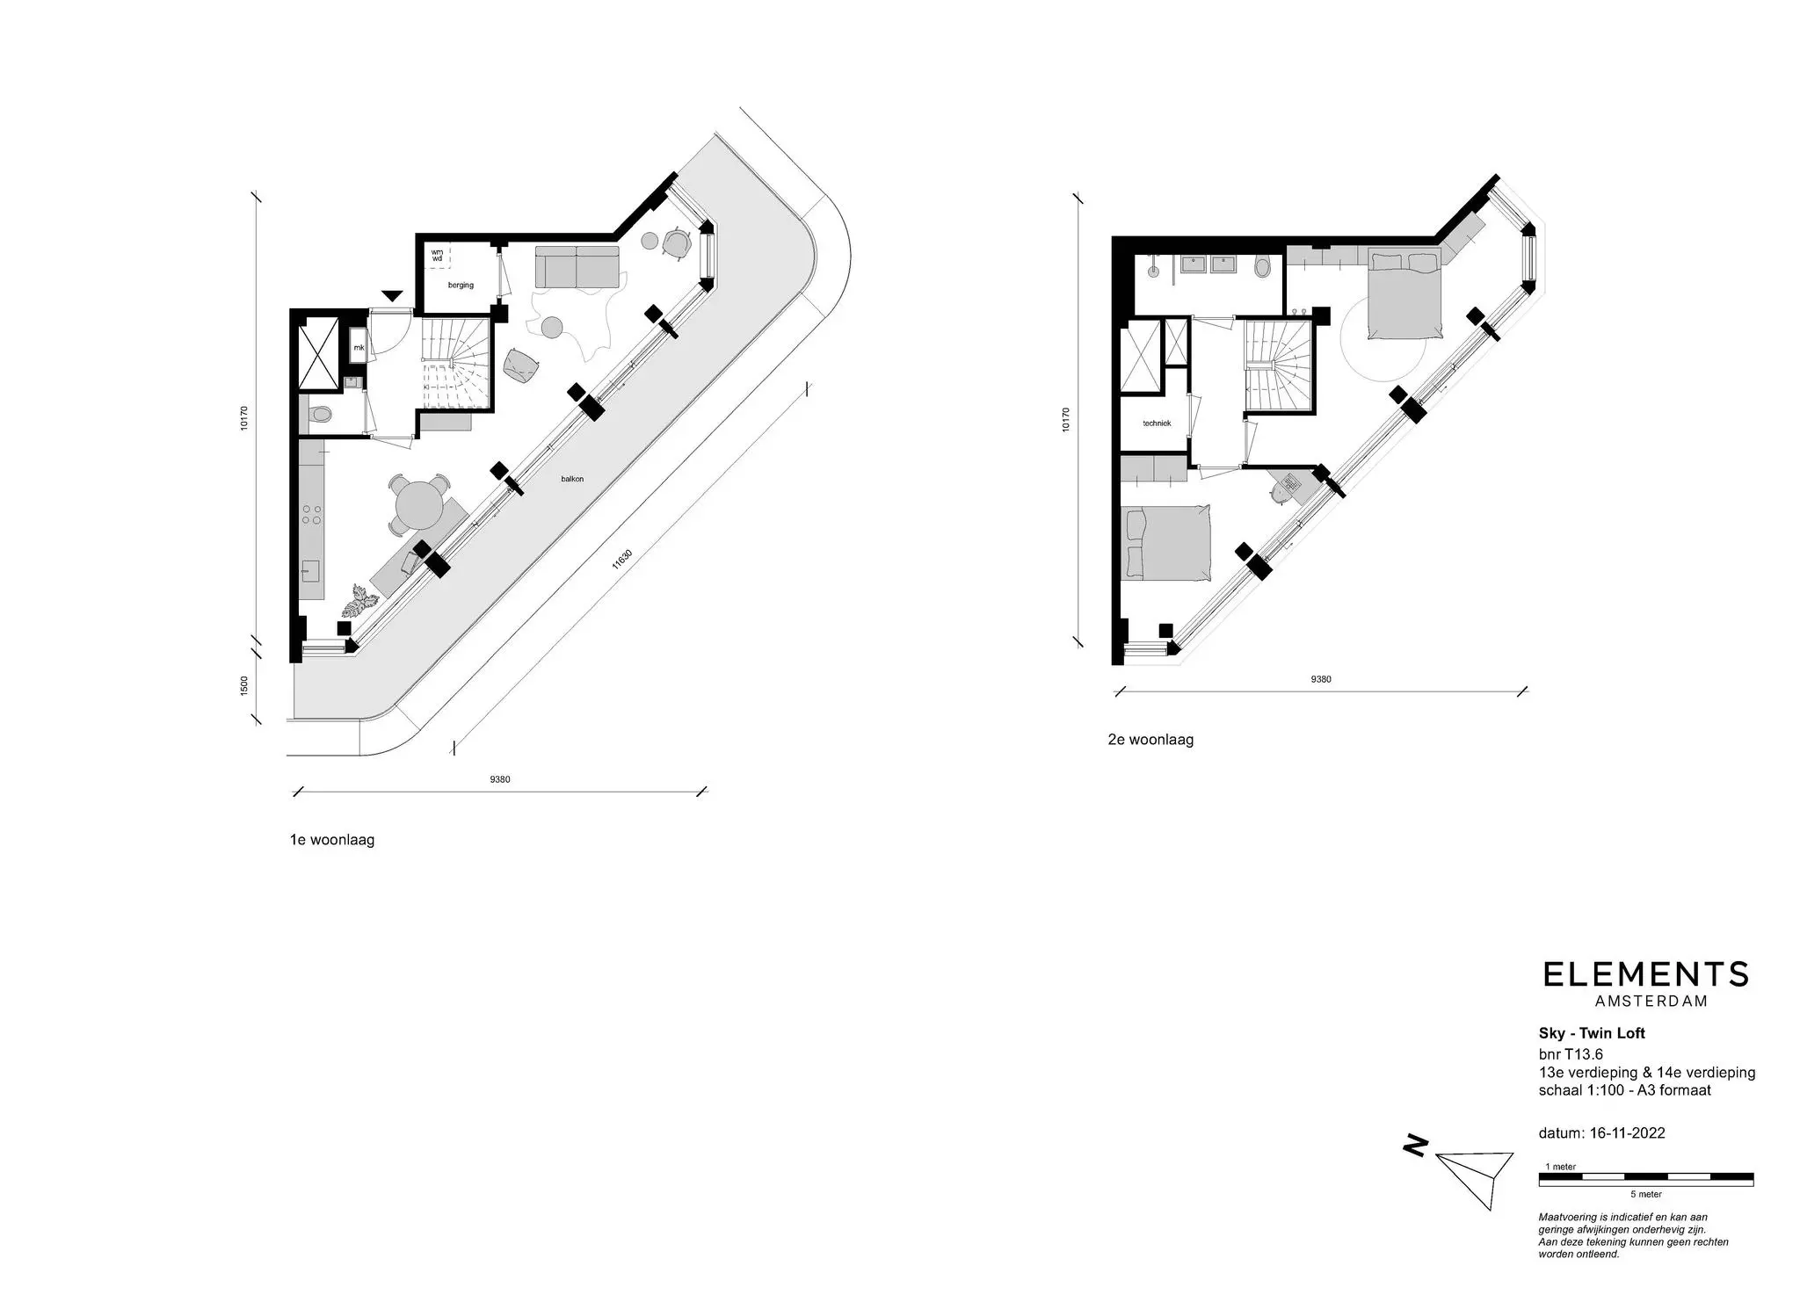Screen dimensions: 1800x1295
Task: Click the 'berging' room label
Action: pos(461,285)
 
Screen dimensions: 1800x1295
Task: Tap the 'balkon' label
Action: pos(573,479)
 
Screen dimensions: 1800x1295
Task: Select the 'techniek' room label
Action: pos(1157,423)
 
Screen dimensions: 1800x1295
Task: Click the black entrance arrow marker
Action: pos(392,296)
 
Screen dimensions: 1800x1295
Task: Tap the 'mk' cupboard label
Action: pos(359,348)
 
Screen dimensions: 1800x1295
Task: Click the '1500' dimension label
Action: pos(244,685)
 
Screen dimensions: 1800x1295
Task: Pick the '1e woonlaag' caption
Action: pos(332,840)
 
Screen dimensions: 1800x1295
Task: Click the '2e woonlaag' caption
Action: pos(1150,740)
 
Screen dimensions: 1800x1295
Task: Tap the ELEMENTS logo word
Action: pos(1646,974)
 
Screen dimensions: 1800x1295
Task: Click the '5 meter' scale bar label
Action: pos(1646,1195)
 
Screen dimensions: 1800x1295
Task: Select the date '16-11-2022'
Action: pos(1627,1133)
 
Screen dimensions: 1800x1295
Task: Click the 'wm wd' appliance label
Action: pos(437,256)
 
